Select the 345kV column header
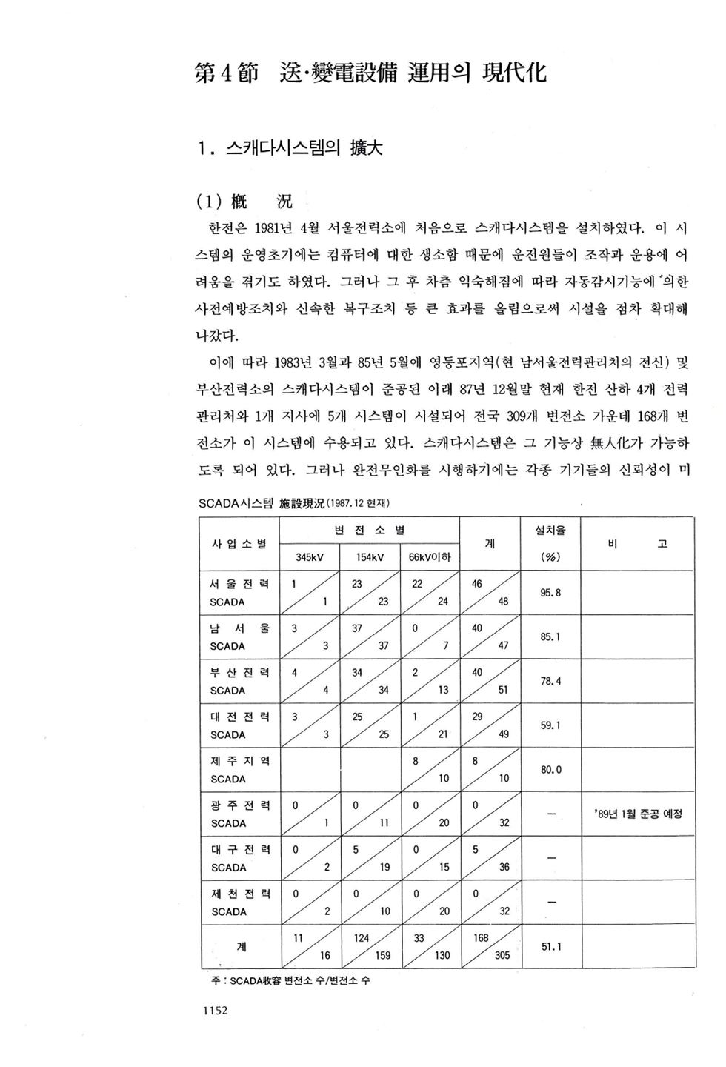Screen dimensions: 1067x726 pyautogui.click(x=308, y=557)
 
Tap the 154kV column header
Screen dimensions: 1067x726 pyautogui.click(x=368, y=557)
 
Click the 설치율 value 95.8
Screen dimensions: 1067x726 pyautogui.click(x=550, y=593)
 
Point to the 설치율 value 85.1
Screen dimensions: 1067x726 pyautogui.click(x=550, y=636)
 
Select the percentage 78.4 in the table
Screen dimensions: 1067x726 pyautogui.click(x=550, y=681)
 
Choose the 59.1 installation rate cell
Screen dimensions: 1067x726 pyautogui.click(x=550, y=725)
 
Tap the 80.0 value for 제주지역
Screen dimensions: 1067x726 pyautogui.click(x=550, y=770)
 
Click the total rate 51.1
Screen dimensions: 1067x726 pyautogui.click(x=550, y=947)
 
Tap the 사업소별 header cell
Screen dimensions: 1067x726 pyautogui.click(x=239, y=544)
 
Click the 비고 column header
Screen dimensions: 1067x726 pyautogui.click(x=637, y=544)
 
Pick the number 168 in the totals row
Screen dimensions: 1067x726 pyautogui.click(x=481, y=938)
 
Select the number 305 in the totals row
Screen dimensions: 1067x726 pyautogui.click(x=502, y=956)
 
